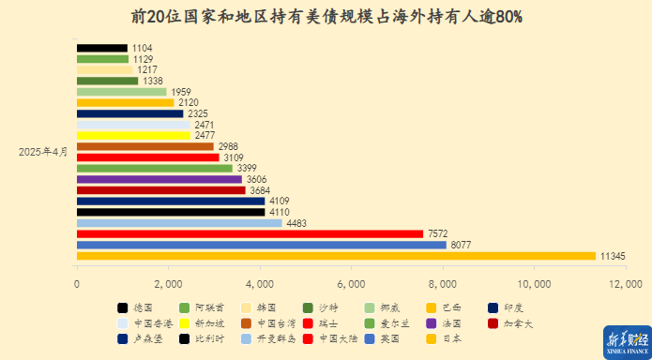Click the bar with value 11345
coord(336,256)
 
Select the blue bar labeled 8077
coord(261,245)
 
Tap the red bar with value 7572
coord(250,233)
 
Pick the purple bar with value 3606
coord(159,179)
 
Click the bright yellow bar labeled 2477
coord(133,135)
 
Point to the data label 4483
coord(298,223)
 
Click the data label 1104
coord(143,48)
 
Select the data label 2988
coord(229,146)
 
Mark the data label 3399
coord(248,169)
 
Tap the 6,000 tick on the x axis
coord(351,283)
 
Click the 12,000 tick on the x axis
coord(626,283)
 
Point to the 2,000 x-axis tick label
coord(168,283)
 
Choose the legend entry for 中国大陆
coord(335,338)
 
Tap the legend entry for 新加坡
coord(205,322)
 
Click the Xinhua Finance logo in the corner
coord(624,339)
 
